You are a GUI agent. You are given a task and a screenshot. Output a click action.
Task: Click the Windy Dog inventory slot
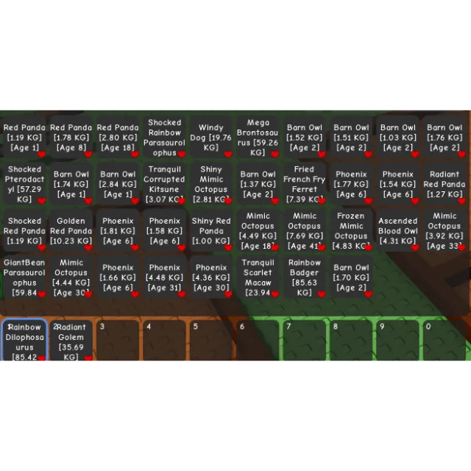pyautogui.click(x=211, y=138)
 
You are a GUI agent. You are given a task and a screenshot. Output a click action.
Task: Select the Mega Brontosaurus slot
pyautogui.click(x=258, y=138)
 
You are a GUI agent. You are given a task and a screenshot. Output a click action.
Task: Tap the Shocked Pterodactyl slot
pyautogui.click(x=24, y=184)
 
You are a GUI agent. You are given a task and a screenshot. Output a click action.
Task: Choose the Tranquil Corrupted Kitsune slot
pyautogui.click(x=164, y=184)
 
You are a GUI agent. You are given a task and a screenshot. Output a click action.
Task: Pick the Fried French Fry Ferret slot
pyautogui.click(x=304, y=184)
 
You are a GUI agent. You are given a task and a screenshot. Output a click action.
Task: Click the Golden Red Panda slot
pyautogui.click(x=71, y=230)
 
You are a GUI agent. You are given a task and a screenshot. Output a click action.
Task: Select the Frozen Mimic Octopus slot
pyautogui.click(x=351, y=230)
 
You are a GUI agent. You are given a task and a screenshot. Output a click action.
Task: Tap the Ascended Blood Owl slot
pyautogui.click(x=397, y=230)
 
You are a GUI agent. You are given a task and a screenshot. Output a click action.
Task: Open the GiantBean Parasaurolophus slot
pyautogui.click(x=24, y=277)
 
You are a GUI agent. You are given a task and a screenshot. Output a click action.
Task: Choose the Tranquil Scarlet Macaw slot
pyautogui.click(x=258, y=277)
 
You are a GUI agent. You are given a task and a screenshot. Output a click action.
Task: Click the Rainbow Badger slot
pyautogui.click(x=304, y=277)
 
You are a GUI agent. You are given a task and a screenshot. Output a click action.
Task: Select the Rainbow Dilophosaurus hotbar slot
pyautogui.click(x=24, y=341)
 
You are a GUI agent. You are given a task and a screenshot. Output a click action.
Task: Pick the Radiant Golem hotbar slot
pyautogui.click(x=71, y=341)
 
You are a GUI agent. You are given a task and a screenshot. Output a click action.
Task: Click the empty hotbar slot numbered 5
pyautogui.click(x=211, y=341)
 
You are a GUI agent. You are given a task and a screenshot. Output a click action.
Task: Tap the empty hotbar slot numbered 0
pyautogui.click(x=444, y=341)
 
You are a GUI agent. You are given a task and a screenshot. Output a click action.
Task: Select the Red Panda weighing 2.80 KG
pyautogui.click(x=118, y=138)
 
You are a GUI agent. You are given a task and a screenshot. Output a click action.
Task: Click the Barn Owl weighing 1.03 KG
pyautogui.click(x=397, y=138)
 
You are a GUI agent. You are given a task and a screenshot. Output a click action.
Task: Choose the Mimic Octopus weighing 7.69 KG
pyautogui.click(x=304, y=230)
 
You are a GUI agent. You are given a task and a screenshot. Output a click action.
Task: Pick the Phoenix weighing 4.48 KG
pyautogui.click(x=164, y=277)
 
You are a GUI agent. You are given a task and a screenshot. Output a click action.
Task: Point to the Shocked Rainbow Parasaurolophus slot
pyautogui.click(x=164, y=138)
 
